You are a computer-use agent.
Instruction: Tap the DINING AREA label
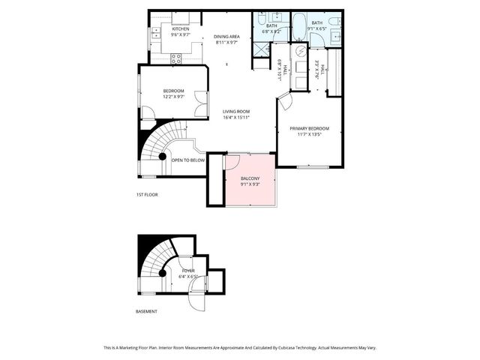tap(226, 36)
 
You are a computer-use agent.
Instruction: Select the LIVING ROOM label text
tap(235, 112)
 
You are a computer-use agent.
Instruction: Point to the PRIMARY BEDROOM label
tap(310, 128)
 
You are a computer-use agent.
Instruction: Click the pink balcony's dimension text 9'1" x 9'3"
tap(250, 184)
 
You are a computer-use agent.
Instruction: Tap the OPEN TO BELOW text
tap(187, 160)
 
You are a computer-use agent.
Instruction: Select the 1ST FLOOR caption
tap(147, 194)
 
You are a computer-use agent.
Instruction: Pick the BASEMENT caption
tap(146, 311)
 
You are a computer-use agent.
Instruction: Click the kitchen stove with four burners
tap(177, 57)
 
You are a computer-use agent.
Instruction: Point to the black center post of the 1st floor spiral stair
tap(163, 156)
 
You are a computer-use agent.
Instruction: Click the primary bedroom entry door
tap(285, 101)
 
